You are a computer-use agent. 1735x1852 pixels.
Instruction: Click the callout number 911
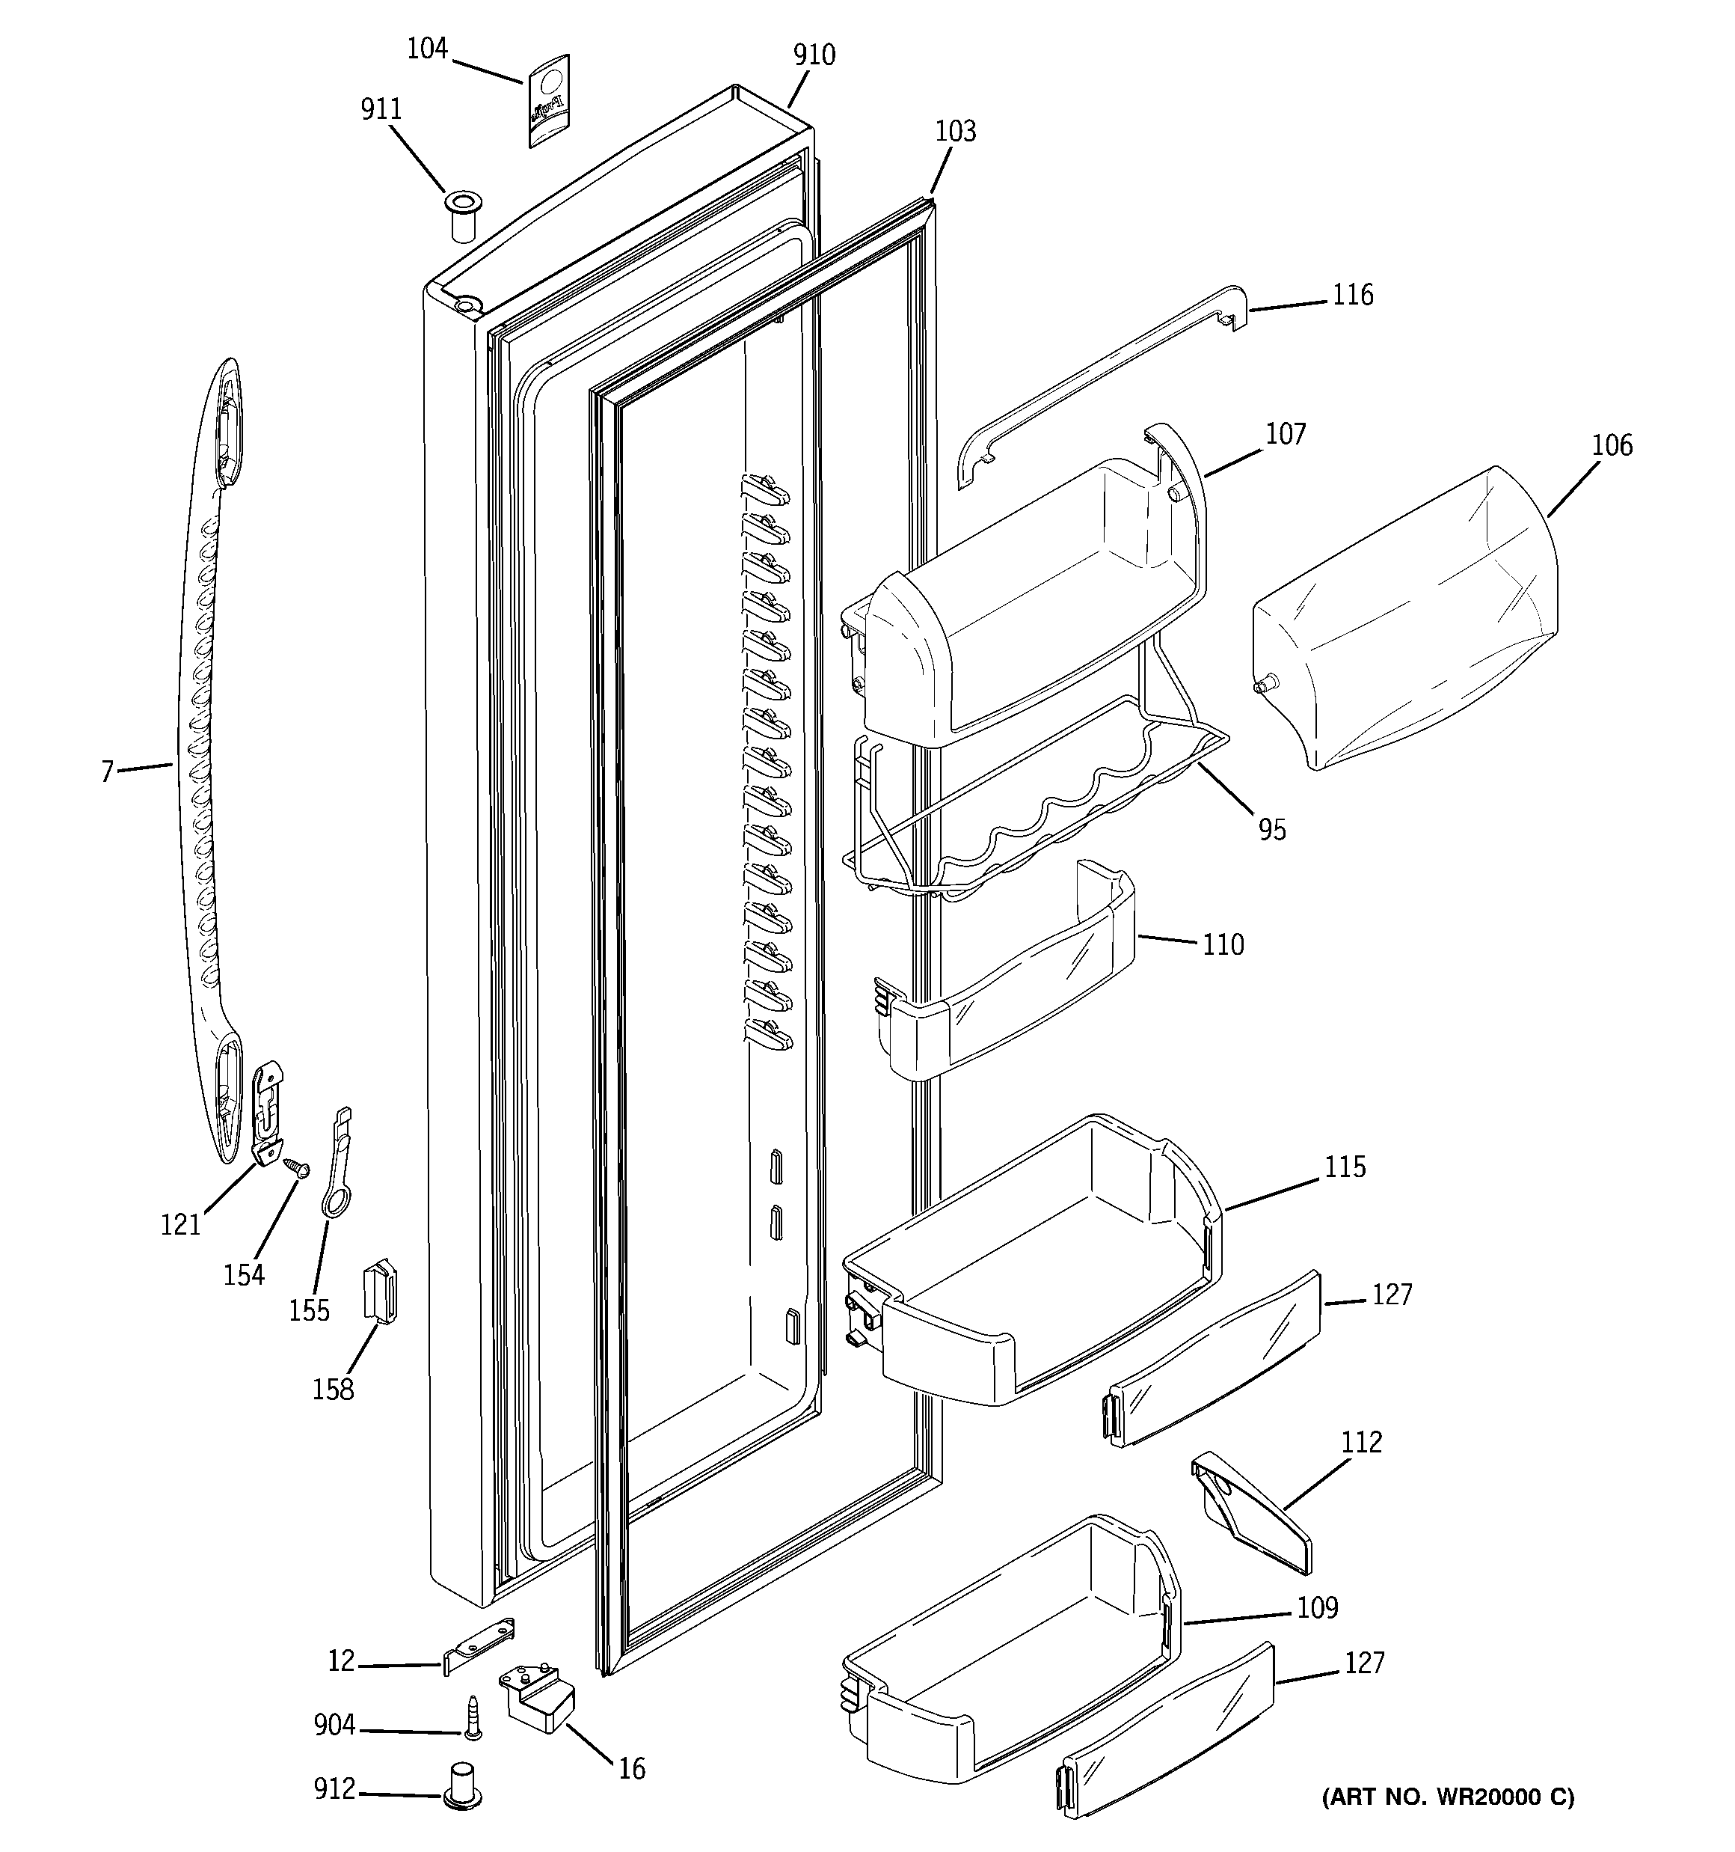[x=381, y=110]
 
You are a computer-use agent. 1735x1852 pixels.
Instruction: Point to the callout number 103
[x=956, y=132]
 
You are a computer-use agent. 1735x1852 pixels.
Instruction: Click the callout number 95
[x=1272, y=829]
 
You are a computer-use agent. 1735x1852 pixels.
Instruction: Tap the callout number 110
[x=1223, y=944]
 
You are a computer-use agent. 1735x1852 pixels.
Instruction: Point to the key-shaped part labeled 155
[x=337, y=1164]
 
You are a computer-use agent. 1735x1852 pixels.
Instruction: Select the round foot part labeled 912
[x=463, y=1784]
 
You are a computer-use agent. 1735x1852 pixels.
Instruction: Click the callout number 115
[x=1345, y=1167]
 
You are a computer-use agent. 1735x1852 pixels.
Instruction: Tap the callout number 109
[x=1317, y=1608]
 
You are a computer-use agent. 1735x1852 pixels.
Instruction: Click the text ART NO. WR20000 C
[x=1447, y=1797]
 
